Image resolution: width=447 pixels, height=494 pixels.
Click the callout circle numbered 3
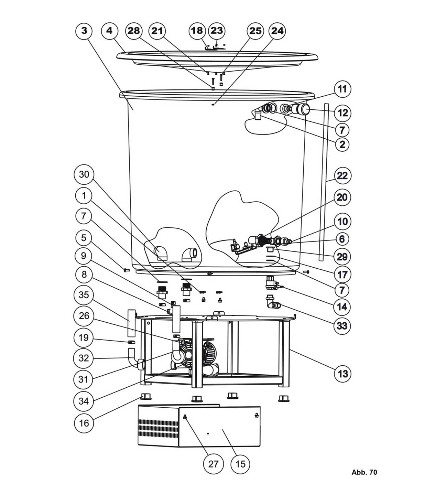tap(84, 31)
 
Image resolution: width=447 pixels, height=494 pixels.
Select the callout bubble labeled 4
tap(109, 31)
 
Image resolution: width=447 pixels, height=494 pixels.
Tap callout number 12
tap(342, 113)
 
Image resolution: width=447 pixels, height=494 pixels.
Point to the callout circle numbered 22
tap(342, 176)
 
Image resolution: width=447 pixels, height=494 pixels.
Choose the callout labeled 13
tap(343, 374)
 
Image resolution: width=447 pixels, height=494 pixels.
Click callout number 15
tap(240, 464)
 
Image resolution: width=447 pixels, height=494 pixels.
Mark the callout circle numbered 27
tap(213, 464)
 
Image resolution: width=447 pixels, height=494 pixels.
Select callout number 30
tap(84, 174)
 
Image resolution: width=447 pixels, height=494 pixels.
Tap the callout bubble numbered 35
tap(84, 295)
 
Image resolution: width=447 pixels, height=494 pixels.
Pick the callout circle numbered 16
tap(84, 423)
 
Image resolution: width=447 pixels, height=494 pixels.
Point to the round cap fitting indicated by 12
tap(304, 110)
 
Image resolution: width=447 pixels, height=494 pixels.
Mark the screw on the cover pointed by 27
tap(185, 417)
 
